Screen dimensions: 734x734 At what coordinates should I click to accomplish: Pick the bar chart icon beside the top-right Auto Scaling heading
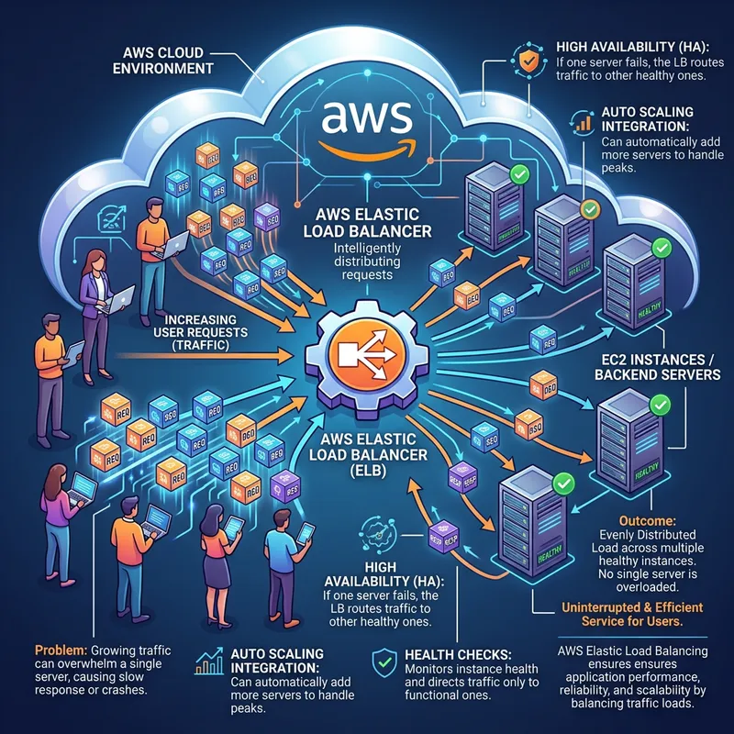581,122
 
